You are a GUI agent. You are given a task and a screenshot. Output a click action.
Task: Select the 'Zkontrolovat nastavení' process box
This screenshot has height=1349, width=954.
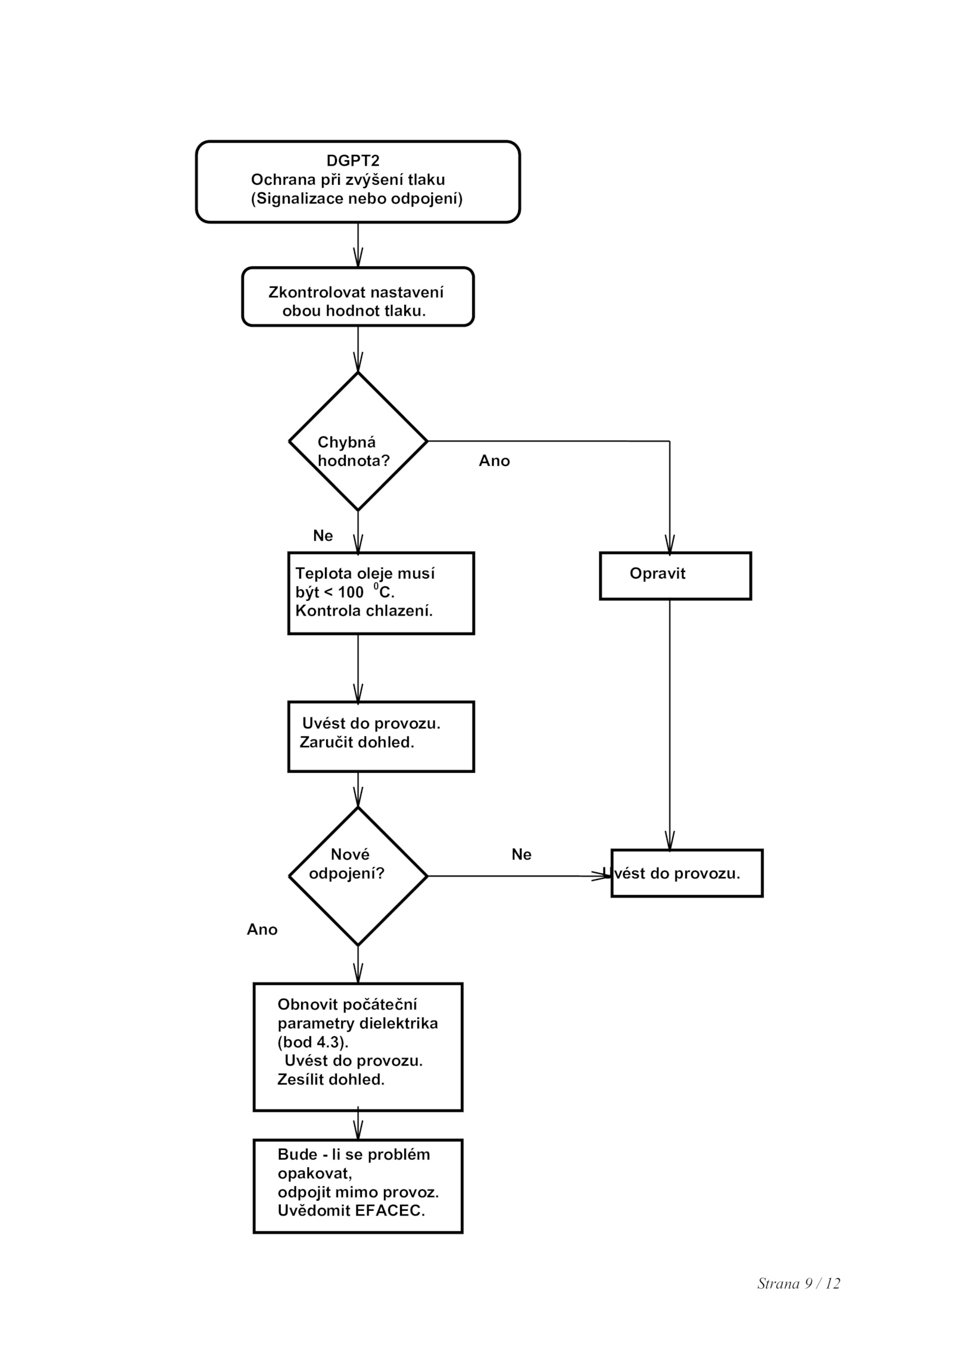358,297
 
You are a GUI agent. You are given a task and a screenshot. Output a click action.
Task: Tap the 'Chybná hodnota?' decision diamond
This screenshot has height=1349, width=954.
358,442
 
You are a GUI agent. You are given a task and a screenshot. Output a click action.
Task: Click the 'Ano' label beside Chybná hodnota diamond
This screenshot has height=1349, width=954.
494,461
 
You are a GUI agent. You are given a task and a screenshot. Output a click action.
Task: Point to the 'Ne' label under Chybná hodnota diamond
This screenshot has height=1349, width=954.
323,536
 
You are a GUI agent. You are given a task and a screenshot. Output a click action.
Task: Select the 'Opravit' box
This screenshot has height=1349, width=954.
675,576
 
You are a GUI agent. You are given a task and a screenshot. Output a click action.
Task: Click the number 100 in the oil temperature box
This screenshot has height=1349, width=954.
351,592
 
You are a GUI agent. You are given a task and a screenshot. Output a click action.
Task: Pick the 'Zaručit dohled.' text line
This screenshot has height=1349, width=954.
357,742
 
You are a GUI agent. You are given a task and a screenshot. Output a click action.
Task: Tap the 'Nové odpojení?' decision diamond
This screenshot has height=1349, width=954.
358,876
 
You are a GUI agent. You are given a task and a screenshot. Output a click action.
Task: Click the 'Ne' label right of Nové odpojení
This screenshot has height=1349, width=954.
521,854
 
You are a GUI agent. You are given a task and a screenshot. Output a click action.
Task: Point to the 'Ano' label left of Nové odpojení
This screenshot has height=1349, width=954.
262,930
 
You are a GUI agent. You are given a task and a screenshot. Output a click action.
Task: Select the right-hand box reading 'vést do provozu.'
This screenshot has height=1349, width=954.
687,873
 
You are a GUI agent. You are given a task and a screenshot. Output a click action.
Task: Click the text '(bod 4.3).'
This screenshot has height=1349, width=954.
313,1042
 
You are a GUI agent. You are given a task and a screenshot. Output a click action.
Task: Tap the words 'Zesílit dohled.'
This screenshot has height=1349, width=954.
331,1080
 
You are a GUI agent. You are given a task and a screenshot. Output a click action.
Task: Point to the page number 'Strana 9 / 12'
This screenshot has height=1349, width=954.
798,1283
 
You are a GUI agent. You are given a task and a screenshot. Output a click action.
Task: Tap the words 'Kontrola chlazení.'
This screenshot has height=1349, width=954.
364,611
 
